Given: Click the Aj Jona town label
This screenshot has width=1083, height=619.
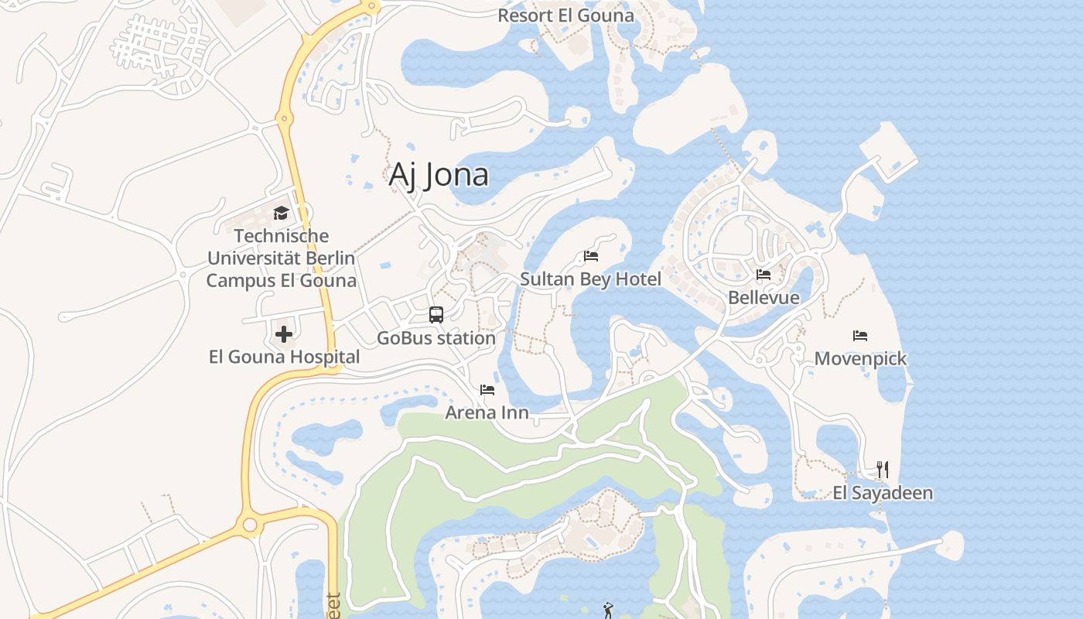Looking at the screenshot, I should pos(438,175).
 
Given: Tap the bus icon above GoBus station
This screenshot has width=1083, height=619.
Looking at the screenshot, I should pos(436,315).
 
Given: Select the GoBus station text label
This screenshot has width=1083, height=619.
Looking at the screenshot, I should pos(436,338).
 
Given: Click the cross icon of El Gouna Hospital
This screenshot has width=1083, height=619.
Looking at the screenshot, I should pos(284,334).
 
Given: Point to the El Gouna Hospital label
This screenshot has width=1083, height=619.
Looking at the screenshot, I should pos(284,357).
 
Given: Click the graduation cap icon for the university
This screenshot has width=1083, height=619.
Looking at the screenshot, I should pos(281,213).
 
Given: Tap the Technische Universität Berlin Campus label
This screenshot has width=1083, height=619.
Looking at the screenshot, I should pos(281,258).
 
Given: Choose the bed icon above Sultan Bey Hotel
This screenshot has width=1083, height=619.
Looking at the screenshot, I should pos(591,256).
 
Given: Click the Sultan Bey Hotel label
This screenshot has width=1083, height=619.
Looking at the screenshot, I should pos(590,279).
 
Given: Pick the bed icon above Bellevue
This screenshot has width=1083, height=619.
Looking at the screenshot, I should pos(764,275).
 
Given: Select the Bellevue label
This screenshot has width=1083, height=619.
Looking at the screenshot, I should pos(764,298).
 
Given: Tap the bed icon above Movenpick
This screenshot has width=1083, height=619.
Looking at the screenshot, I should pos(860,336).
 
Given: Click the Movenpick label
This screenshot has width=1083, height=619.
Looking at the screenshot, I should pos(860,359).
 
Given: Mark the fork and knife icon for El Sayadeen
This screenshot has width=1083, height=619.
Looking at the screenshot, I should pos(882,470).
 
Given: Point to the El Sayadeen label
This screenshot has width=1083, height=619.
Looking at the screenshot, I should pos(882,493).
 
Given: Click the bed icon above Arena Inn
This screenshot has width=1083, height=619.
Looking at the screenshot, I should pos(487,389).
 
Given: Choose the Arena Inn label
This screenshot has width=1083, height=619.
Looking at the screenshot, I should pos(487,412).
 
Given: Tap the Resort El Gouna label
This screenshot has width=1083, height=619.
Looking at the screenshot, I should pos(565,15).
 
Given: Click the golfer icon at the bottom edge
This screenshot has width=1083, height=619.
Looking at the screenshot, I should pos(608,610).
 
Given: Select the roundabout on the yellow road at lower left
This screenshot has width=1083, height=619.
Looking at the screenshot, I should pos(249,526).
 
